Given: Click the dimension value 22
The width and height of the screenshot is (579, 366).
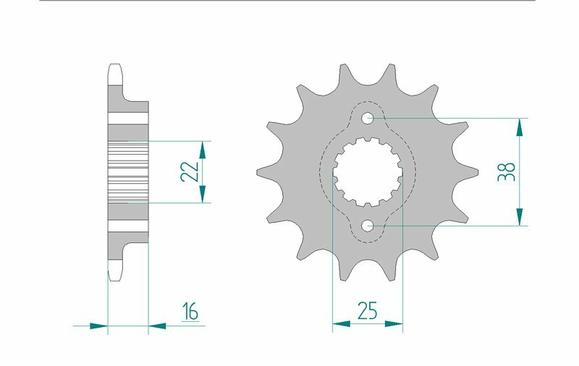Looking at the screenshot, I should [189, 172].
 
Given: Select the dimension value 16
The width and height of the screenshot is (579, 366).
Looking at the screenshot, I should [190, 312].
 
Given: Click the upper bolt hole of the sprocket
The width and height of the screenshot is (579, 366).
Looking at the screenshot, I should [368, 118].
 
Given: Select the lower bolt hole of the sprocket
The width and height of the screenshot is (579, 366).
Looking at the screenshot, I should [368, 226].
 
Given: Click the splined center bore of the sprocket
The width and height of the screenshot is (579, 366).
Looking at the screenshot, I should [368, 172].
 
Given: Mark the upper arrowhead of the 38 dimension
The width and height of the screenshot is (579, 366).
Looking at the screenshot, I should [519, 127].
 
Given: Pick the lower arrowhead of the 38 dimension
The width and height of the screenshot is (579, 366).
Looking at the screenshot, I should [519, 216].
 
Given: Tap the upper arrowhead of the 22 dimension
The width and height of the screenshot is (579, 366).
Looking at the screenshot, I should [203, 150].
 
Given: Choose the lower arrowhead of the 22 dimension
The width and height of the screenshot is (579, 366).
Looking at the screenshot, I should [203, 194].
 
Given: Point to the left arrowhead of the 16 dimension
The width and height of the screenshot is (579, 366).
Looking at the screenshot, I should [98, 326].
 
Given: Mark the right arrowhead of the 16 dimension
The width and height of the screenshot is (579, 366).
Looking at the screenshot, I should [157, 326].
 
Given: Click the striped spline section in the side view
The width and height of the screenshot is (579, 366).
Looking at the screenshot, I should [127, 172].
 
